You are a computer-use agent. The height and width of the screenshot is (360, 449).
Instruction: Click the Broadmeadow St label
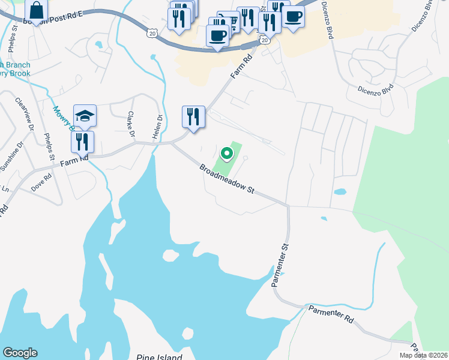[228, 179]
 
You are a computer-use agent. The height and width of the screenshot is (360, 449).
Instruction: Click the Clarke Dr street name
[130, 122]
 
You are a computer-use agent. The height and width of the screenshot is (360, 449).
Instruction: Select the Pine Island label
[158, 357]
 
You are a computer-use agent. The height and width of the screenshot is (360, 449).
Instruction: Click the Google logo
[20, 353]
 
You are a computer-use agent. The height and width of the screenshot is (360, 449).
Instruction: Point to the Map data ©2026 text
[423, 355]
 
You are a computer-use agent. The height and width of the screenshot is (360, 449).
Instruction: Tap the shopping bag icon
[36, 11]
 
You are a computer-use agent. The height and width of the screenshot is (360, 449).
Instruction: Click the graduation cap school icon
[85, 115]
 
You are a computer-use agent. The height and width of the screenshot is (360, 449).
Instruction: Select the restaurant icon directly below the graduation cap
[82, 142]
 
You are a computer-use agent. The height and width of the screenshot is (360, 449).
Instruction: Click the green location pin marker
[227, 154]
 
